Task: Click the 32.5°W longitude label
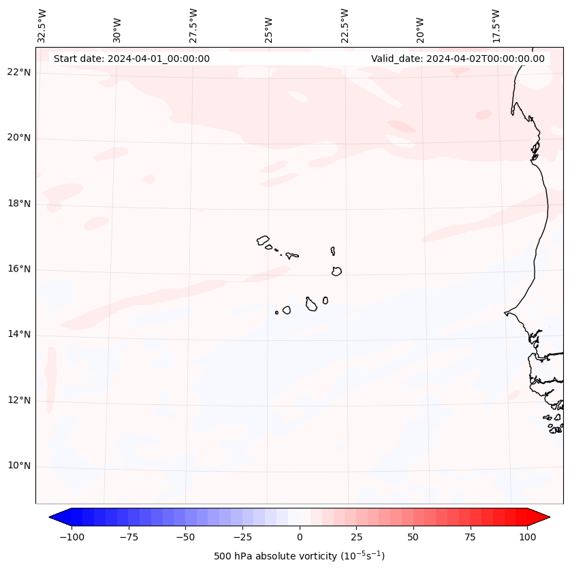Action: click(x=42, y=26)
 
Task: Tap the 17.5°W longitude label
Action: click(x=496, y=26)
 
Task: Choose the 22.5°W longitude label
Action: click(x=345, y=26)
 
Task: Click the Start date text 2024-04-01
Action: click(x=131, y=59)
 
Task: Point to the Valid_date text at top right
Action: click(x=458, y=59)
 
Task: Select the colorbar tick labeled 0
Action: click(x=300, y=537)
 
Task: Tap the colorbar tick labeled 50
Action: click(x=413, y=537)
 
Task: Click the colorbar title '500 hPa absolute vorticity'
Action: click(x=299, y=556)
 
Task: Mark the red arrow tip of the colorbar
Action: click(x=548, y=517)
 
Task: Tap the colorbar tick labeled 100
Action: click(x=527, y=537)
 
